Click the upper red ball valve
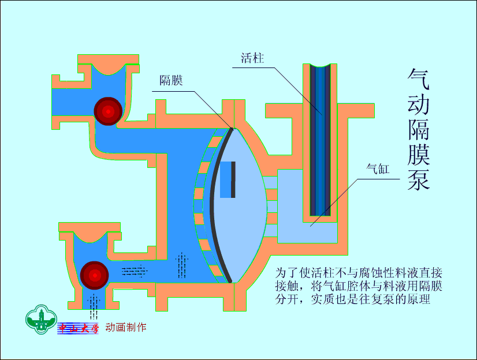108,110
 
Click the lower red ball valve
94,275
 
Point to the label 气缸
379,169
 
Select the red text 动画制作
126,328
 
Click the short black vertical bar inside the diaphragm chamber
233,179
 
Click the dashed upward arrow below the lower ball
92,305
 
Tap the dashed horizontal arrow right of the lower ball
133,269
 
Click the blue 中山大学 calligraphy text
79,328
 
